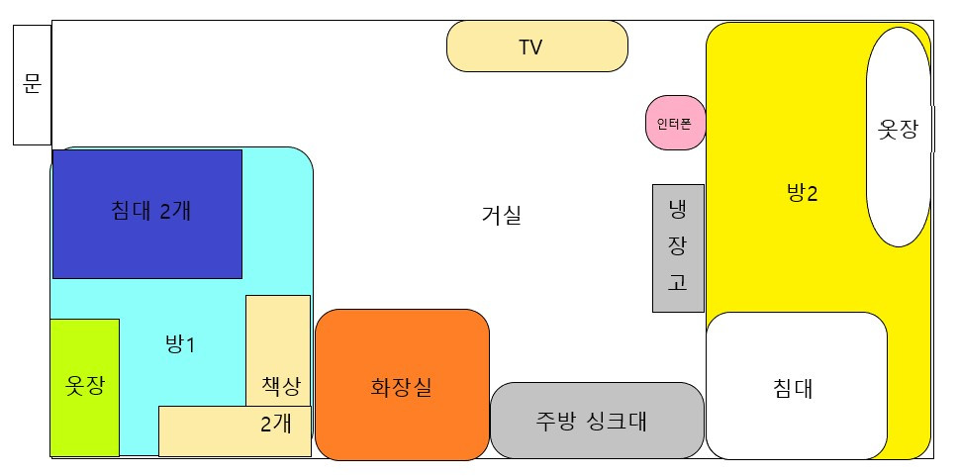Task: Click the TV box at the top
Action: [536, 47]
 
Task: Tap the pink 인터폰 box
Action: [675, 124]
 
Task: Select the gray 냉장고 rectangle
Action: [678, 247]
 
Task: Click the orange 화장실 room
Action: [402, 386]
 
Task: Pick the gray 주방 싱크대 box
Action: [597, 421]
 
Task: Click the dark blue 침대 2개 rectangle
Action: [147, 214]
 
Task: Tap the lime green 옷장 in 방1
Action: [84, 387]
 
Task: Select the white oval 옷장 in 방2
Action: [899, 137]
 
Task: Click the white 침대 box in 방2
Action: [796, 386]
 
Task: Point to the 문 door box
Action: [32, 85]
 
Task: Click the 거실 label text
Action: [501, 215]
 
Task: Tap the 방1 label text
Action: [180, 345]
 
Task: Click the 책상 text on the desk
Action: [281, 386]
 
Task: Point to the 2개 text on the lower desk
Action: [276, 425]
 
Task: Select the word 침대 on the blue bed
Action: [132, 210]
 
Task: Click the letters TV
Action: [530, 48]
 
